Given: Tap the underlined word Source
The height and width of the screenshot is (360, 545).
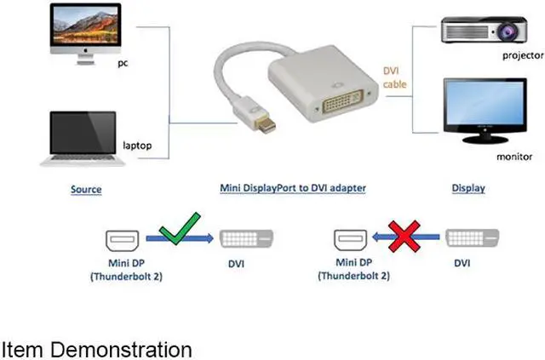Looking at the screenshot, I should click(x=86, y=189).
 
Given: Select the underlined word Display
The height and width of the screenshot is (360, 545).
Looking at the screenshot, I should click(x=468, y=188).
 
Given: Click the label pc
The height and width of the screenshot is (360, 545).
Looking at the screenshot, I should click(x=123, y=64).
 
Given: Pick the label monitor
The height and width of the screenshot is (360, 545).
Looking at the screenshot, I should click(x=514, y=157).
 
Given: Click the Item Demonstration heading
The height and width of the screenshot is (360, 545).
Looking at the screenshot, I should click(x=96, y=349).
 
